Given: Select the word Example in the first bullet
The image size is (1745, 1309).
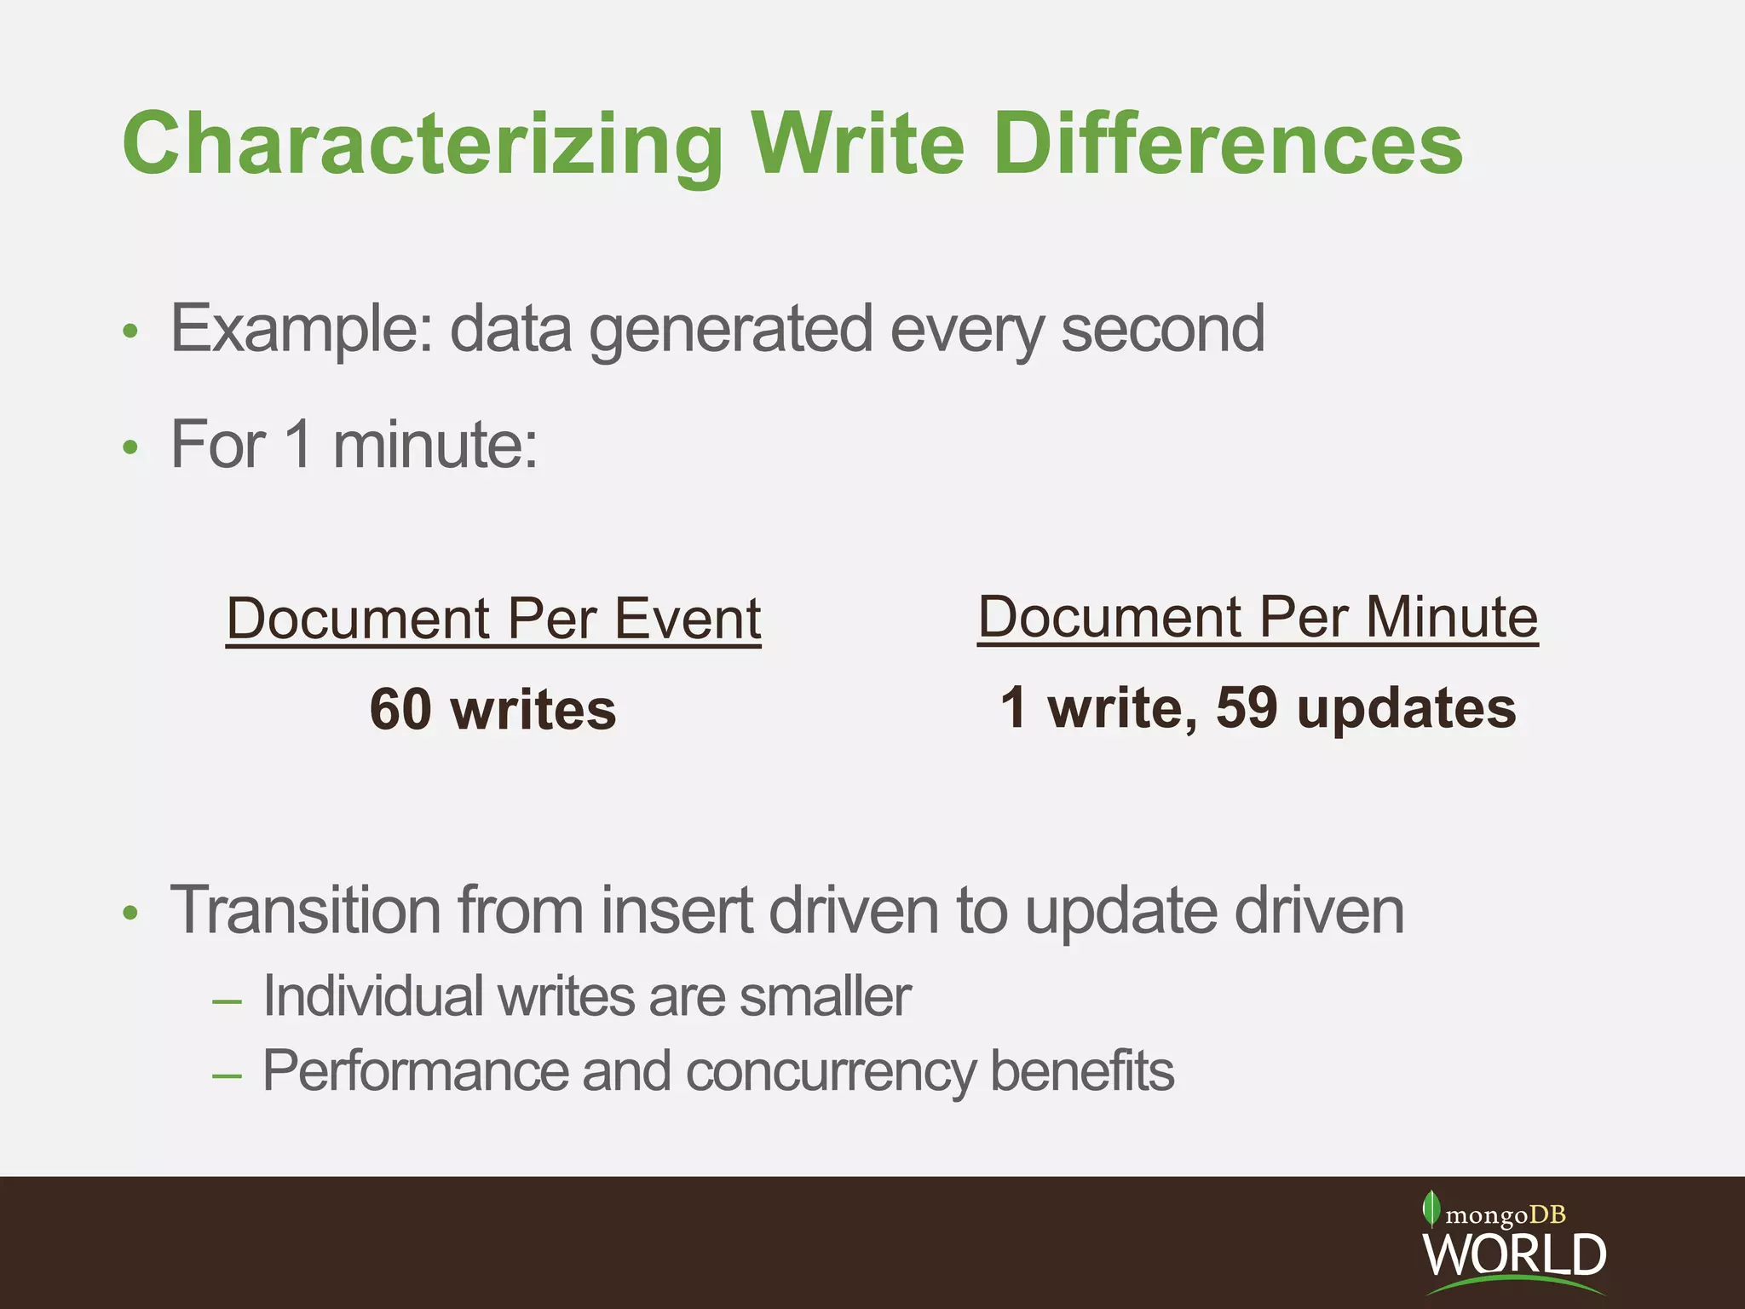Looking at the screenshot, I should point(302,329).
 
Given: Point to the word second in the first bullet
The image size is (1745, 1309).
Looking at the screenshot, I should point(1162,329).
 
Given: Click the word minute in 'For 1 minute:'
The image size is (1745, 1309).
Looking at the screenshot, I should point(435,445).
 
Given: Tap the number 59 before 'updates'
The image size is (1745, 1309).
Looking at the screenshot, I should point(1247,707).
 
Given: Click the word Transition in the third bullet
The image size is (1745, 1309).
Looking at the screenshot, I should point(305,910).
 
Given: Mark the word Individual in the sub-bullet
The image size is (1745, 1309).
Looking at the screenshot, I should point(372,995).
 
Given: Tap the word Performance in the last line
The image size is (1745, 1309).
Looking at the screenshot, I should point(414,1070).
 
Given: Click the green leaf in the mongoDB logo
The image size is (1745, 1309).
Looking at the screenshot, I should point(1431,1208).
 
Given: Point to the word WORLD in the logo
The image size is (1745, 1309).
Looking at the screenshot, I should point(1514,1254).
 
